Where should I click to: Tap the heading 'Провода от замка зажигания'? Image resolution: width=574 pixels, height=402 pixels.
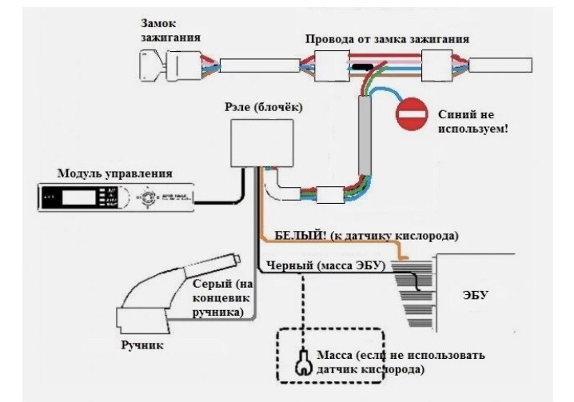pyautogui.click(x=388, y=38)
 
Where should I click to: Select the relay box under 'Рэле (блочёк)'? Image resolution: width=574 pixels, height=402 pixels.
pyautogui.click(x=256, y=141)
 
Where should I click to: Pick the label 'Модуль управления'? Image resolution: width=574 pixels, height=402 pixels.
pyautogui.click(x=114, y=173)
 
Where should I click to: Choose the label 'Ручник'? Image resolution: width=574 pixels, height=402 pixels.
pyautogui.click(x=143, y=345)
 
